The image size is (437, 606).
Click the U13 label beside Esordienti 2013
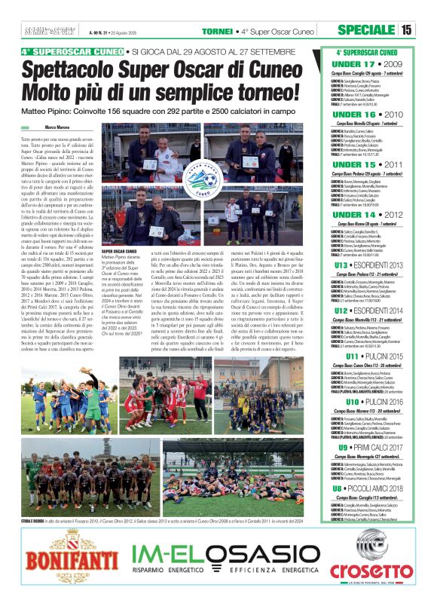(342, 265)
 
